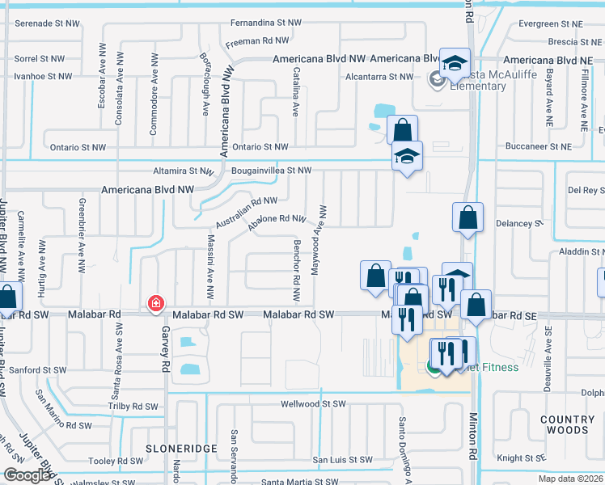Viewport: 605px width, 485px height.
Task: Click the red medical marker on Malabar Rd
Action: pyautogui.click(x=154, y=304)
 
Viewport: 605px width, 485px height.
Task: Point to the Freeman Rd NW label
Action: pyautogui.click(x=257, y=40)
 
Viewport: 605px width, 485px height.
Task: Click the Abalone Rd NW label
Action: pyautogui.click(x=277, y=219)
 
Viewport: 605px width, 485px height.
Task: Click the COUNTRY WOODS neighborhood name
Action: pyautogui.click(x=567, y=425)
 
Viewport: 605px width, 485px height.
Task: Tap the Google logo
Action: pyautogui.click(x=27, y=475)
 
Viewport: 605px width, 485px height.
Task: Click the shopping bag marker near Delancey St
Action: pyautogui.click(x=467, y=217)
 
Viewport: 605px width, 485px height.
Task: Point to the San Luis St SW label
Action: pyautogui.click(x=343, y=460)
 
